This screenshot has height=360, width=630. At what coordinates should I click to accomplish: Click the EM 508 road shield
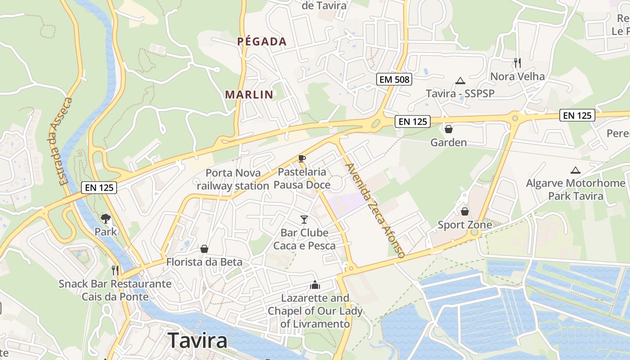point(394,80)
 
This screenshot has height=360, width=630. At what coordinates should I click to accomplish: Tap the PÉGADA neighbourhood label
point(262,42)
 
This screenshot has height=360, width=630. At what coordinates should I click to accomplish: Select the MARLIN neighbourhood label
point(249,94)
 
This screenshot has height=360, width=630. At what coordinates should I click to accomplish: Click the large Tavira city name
point(198,341)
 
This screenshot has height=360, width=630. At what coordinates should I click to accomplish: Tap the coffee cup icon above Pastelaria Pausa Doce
point(301,158)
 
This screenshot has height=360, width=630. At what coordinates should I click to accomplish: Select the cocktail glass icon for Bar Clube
point(304,220)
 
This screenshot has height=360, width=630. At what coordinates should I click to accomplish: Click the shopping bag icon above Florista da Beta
point(204,249)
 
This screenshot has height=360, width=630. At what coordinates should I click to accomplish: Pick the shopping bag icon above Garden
point(448,130)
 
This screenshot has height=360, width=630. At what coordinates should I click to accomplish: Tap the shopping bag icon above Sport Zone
point(465,211)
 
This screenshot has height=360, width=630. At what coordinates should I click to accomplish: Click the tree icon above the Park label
point(106,219)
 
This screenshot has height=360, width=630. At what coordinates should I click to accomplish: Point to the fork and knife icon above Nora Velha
point(517,63)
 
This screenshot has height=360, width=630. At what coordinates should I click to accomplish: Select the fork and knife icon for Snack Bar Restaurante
point(115,270)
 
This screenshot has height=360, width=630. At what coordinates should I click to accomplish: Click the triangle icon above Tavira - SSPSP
point(460,81)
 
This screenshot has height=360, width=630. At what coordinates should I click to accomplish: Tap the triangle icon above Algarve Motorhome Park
point(575,171)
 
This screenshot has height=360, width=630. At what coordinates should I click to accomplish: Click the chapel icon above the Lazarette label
point(315,285)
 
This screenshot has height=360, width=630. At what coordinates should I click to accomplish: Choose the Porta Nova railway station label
point(233,179)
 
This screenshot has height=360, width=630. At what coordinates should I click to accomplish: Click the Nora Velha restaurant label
point(517,76)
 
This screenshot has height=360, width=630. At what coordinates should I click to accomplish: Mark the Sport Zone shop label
point(465,225)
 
